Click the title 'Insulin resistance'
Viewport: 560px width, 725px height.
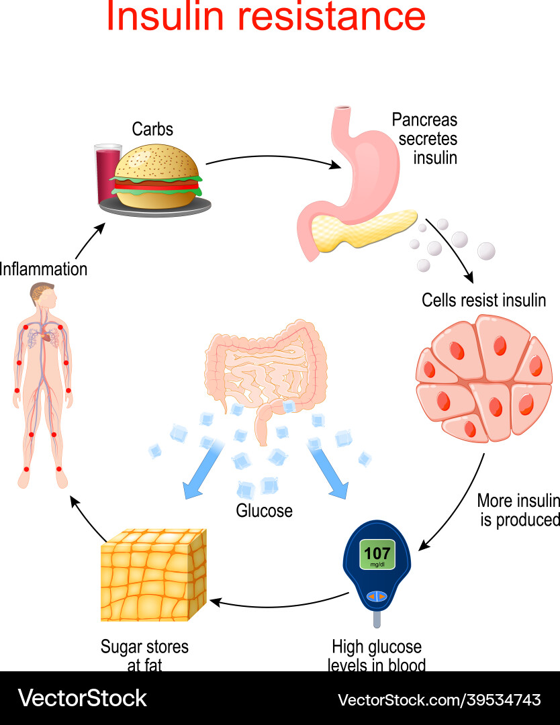click(266, 17)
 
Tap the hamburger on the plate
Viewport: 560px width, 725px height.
click(158, 171)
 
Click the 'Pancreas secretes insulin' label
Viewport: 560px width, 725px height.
click(424, 139)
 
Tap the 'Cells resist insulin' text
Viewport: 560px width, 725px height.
click(483, 300)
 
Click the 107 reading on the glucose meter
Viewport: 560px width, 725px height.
click(377, 553)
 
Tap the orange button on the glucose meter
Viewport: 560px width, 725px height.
click(377, 596)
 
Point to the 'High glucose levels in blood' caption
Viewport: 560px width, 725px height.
click(377, 655)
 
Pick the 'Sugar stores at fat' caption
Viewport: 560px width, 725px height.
click(144, 655)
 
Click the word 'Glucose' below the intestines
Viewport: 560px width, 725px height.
click(265, 511)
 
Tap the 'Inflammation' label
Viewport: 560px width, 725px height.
click(44, 269)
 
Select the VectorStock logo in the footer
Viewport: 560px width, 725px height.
click(82, 698)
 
